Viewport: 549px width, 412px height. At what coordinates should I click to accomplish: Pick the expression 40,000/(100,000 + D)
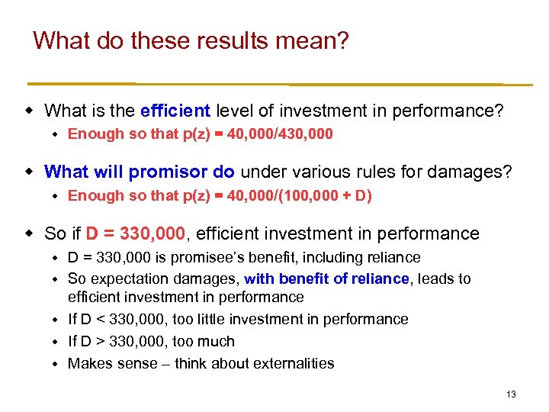click(294, 195)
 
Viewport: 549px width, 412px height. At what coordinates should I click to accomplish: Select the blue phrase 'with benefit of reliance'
click(326, 279)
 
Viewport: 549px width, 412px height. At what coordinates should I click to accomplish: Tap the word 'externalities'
click(293, 363)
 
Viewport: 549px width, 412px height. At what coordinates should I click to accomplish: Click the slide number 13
click(511, 394)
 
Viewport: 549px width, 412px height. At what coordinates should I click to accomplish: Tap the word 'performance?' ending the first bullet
click(448, 111)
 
